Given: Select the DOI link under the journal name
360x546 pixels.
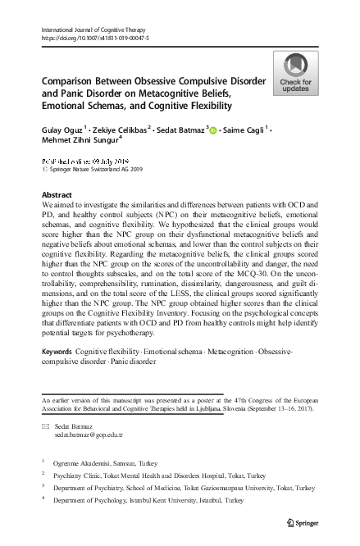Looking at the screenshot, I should point(95,39).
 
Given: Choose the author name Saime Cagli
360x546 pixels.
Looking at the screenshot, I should point(245,130).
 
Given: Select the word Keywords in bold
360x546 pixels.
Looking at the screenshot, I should point(56,351).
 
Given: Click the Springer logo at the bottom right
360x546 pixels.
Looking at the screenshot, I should point(302,523).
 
